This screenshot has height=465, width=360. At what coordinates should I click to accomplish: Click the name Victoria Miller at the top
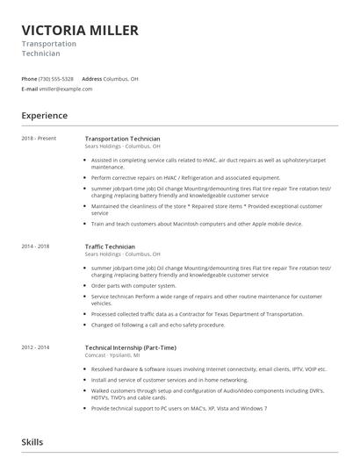point(80,30)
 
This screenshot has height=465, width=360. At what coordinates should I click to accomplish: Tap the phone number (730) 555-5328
point(56,78)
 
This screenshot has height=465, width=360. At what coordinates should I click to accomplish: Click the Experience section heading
point(44,115)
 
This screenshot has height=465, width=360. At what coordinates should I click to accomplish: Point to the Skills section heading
point(32,442)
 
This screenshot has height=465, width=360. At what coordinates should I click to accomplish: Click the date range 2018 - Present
point(39,139)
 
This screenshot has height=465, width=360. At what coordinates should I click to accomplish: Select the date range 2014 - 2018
point(36,247)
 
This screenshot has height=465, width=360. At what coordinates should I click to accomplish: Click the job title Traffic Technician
point(110,247)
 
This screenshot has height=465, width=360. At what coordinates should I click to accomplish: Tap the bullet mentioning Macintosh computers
point(197,224)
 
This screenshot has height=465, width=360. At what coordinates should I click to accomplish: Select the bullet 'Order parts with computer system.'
point(133,285)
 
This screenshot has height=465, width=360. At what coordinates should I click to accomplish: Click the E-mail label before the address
point(30,89)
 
